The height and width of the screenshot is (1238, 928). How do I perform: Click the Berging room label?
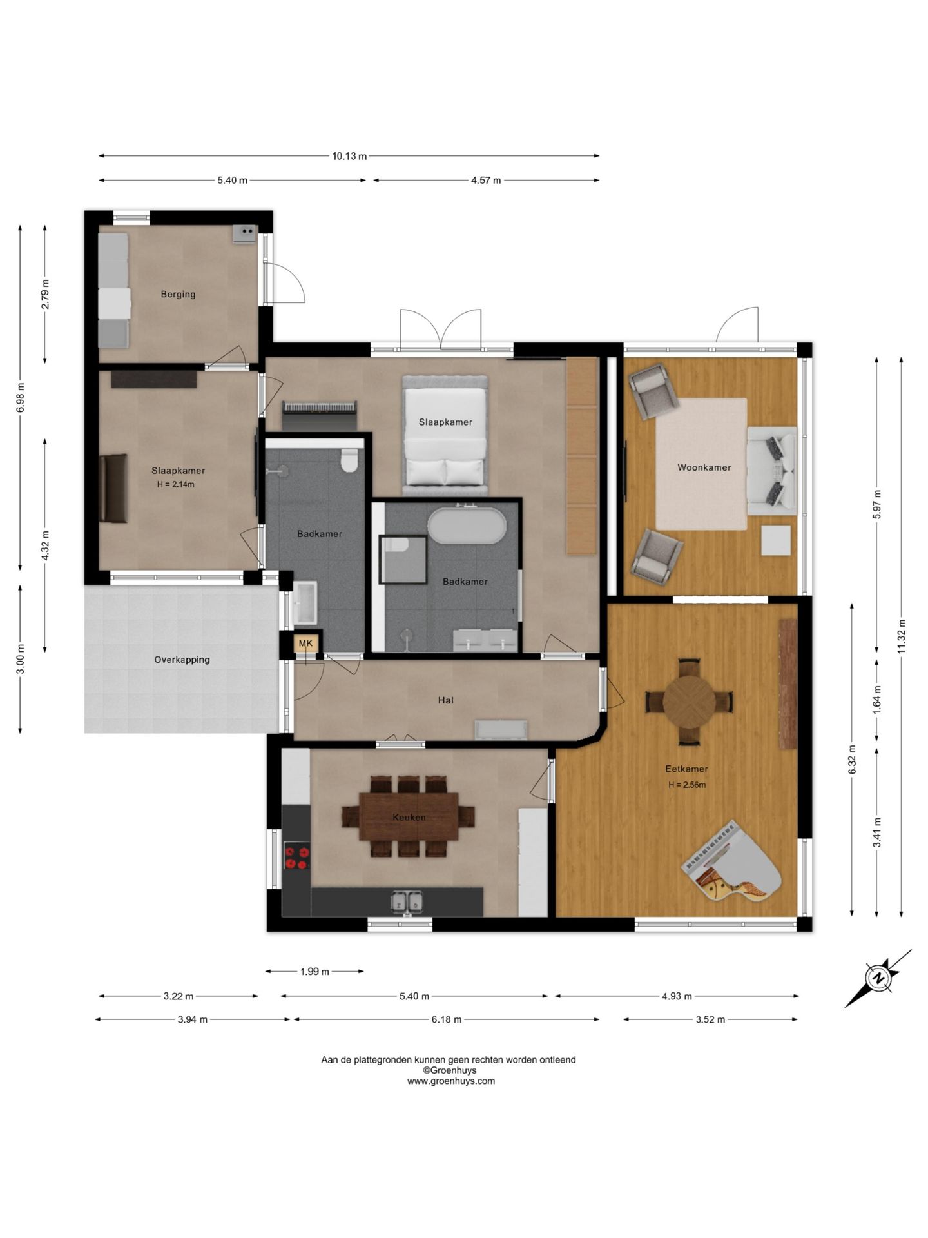pyautogui.click(x=178, y=294)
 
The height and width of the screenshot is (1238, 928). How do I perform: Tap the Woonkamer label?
pyautogui.click(x=704, y=467)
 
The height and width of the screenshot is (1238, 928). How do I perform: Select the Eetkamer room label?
pyautogui.click(x=686, y=769)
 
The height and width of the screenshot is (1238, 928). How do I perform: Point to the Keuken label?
pyautogui.click(x=409, y=817)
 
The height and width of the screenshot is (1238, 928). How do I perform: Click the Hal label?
pyautogui.click(x=445, y=700)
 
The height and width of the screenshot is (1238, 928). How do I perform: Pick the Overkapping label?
pyautogui.click(x=182, y=660)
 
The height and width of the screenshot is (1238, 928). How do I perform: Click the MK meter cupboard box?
pyautogui.click(x=305, y=643)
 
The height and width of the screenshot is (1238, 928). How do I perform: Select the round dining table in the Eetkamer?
pyautogui.click(x=689, y=702)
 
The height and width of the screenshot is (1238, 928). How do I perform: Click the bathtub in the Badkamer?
pyautogui.click(x=467, y=526)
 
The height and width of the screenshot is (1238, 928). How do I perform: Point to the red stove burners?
pyautogui.click(x=296, y=857)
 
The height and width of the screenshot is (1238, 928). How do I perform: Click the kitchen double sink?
pyautogui.click(x=407, y=901)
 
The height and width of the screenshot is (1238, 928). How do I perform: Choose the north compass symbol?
pyautogui.click(x=878, y=978)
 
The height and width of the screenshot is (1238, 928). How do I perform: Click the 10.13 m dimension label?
pyautogui.click(x=349, y=156)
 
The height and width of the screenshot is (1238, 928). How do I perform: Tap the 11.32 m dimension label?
pyautogui.click(x=902, y=636)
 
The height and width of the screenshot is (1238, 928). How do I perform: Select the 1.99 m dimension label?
pyautogui.click(x=314, y=971)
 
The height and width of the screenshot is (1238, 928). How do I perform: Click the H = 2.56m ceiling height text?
pyautogui.click(x=687, y=785)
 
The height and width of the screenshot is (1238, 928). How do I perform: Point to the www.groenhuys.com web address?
pyautogui.click(x=451, y=1081)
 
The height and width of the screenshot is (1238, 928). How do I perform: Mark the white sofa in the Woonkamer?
pyautogui.click(x=772, y=470)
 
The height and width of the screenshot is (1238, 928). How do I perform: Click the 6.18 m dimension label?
pyautogui.click(x=447, y=1019)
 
